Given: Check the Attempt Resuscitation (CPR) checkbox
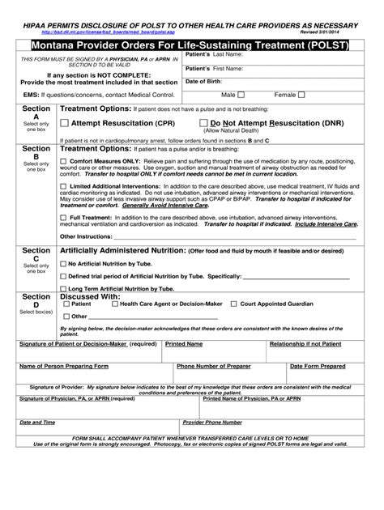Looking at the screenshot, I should click(x=65, y=123).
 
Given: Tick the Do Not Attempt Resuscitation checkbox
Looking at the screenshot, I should click(x=203, y=123).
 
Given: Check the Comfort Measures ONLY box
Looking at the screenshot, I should click(x=64, y=161).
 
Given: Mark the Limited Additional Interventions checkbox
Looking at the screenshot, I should click(x=64, y=186).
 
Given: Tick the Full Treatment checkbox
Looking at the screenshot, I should click(x=64, y=218).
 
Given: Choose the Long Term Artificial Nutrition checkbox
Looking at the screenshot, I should click(x=64, y=288).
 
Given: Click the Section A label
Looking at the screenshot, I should click(x=36, y=112).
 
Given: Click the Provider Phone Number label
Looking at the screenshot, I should click(x=212, y=423).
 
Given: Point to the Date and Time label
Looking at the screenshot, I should click(x=37, y=423).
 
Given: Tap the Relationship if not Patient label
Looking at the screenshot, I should click(x=309, y=344).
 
